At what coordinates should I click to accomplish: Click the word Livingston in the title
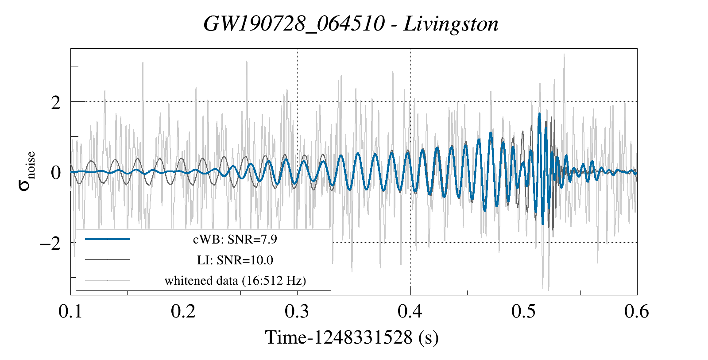(x=451, y=24)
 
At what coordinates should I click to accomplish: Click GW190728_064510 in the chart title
(x=294, y=24)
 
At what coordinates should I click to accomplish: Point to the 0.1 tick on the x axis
(x=70, y=311)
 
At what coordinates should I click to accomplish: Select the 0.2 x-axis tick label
(x=184, y=311)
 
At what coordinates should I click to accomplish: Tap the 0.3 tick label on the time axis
(x=297, y=311)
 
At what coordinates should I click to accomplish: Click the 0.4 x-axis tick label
(x=410, y=311)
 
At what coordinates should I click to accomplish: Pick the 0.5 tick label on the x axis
(x=524, y=311)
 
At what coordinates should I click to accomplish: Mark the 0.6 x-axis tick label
(x=637, y=311)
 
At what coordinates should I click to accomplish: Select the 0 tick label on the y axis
(x=55, y=173)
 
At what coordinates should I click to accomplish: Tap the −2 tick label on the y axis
(x=50, y=243)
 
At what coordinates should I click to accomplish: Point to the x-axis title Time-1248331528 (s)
(x=352, y=337)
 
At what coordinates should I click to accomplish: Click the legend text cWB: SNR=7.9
(x=235, y=240)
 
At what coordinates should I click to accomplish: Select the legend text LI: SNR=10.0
(x=235, y=260)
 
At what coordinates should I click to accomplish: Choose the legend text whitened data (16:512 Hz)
(x=235, y=280)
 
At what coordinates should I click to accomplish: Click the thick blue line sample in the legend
(x=107, y=239)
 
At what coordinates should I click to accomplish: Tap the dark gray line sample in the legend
(x=107, y=259)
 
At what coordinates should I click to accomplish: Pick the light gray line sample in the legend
(x=107, y=280)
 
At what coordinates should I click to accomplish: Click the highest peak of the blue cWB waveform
(x=539, y=114)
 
